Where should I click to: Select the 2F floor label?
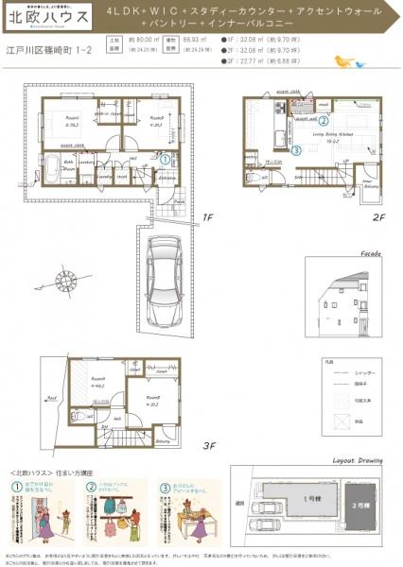377,217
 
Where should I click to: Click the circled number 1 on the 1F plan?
166,160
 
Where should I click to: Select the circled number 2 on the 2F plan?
323,121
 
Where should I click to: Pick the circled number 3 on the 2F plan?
295,149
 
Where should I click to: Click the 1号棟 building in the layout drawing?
307,498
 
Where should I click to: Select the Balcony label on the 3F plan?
136,439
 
